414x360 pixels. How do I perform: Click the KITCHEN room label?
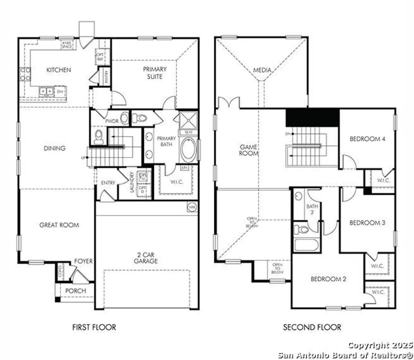[x=59, y=70]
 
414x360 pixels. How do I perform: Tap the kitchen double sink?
[x=46, y=91]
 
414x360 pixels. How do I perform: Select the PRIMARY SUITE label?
[x=155, y=73]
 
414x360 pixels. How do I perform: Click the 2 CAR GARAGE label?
[x=146, y=258]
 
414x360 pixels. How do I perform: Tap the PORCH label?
[x=76, y=291]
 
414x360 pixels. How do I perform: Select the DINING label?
[x=54, y=148]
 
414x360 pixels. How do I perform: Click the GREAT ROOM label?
[x=59, y=225]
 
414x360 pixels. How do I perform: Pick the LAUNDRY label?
[x=132, y=182]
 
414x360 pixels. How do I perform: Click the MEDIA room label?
[x=262, y=70]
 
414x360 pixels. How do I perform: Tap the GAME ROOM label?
[x=248, y=150]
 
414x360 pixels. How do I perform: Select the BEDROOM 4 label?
[x=367, y=139]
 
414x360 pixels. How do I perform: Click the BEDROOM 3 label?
[x=367, y=223]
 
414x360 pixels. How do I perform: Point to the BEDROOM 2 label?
[x=328, y=279]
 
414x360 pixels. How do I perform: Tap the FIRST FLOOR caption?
[x=94, y=327]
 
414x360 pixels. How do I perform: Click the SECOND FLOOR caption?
[x=312, y=327]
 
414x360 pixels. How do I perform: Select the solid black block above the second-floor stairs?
[x=312, y=118]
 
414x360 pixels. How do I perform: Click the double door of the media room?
[x=228, y=102]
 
